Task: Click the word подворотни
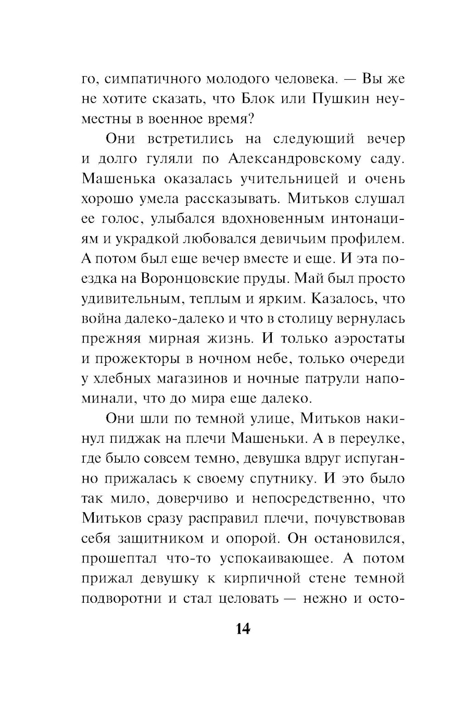coord(121,598)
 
